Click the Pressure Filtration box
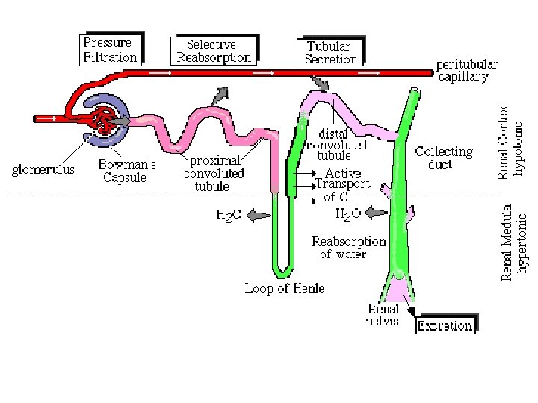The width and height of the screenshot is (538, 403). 110,49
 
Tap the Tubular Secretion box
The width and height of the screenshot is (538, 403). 333,51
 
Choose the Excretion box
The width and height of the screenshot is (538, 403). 445,325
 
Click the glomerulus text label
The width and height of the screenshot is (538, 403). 43,169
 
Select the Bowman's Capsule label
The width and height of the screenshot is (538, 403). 127,171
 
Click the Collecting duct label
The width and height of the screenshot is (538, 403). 444,157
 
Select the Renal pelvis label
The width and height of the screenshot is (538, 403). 383,316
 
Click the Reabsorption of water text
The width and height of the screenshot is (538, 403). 348,247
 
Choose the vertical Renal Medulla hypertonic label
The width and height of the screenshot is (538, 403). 515,243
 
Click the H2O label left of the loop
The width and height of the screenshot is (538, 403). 229,216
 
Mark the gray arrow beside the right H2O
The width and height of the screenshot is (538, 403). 378,213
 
